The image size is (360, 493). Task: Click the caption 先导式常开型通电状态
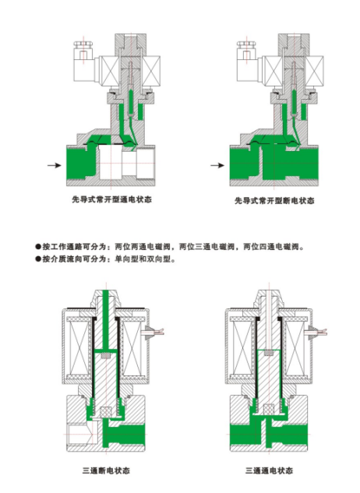(112, 199)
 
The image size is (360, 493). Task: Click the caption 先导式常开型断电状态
(275, 201)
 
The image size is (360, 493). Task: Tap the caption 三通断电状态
(106, 470)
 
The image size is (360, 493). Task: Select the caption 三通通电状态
(270, 470)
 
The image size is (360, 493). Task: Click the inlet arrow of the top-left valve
(55, 165)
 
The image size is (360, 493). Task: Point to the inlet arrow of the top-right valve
(217, 165)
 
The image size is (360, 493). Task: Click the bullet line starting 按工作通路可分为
(170, 247)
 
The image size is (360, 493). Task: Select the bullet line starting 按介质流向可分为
(105, 259)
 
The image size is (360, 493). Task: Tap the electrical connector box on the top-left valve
(83, 62)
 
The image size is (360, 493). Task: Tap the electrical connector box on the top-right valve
(247, 62)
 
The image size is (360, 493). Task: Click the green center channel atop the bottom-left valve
(106, 319)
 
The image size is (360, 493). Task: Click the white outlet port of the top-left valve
(146, 163)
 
